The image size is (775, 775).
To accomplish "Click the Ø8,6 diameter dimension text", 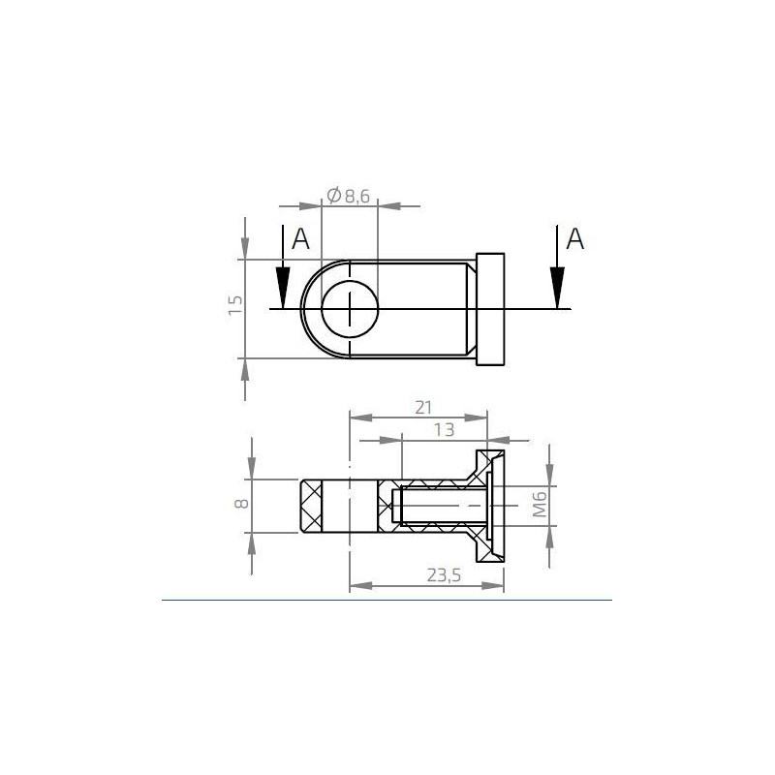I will click(x=349, y=196).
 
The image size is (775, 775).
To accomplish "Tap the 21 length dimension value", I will click(x=422, y=407).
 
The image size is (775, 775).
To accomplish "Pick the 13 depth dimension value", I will click(x=445, y=429).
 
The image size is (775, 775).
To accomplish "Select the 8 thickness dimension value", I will click(x=242, y=504).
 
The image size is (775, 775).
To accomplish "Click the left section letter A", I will click(x=300, y=239).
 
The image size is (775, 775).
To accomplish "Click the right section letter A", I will click(x=575, y=239).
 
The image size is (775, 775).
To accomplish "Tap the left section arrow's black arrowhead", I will click(x=282, y=289).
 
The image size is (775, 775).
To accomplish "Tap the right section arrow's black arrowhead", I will click(x=557, y=289).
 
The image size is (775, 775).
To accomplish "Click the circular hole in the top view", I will click(x=350, y=309).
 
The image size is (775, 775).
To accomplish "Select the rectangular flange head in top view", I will click(x=491, y=309).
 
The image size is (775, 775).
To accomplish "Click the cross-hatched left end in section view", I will click(x=315, y=506).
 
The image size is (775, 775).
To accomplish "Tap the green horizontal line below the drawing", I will click(x=387, y=600).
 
